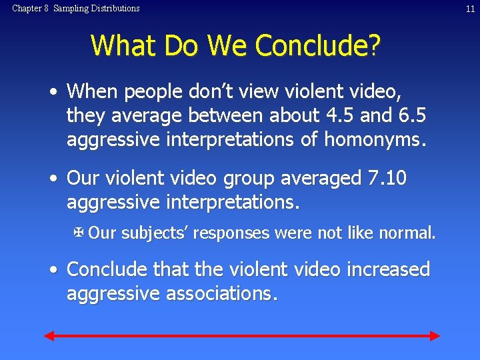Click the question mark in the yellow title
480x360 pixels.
click(375, 46)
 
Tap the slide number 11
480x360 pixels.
click(469, 9)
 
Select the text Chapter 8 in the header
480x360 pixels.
click(30, 9)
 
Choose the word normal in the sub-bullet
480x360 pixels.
click(407, 233)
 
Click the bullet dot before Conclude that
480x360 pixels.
click(53, 269)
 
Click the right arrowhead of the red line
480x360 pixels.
click(435, 336)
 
